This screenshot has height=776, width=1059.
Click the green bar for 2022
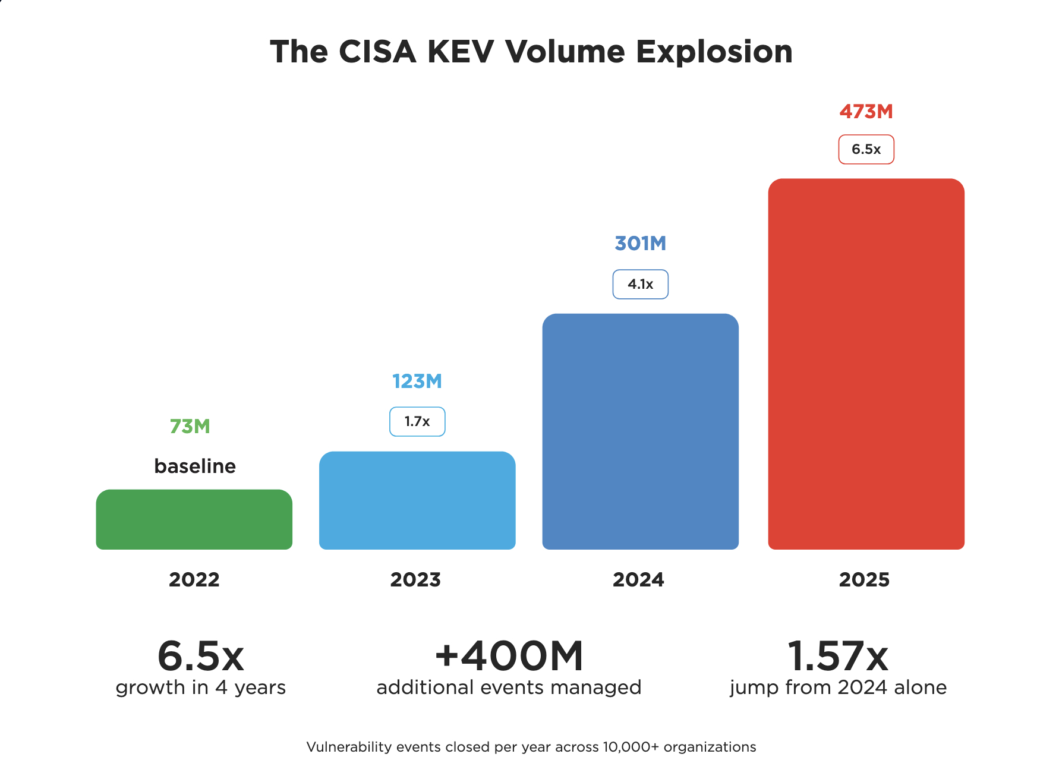pyautogui.click(x=194, y=519)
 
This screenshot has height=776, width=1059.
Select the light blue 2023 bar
pyautogui.click(x=417, y=500)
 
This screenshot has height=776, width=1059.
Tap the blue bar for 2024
pyautogui.click(x=640, y=431)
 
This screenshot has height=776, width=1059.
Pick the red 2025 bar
pyautogui.click(x=866, y=364)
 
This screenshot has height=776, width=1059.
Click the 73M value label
pyautogui.click(x=190, y=427)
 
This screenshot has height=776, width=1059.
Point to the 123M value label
pyautogui.click(x=417, y=381)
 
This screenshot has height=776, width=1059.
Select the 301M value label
pyautogui.click(x=640, y=244)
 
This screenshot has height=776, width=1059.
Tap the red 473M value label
pyautogui.click(x=866, y=112)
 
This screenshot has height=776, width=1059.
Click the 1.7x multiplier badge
pyautogui.click(x=417, y=422)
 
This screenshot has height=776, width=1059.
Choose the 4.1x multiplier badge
pyautogui.click(x=640, y=284)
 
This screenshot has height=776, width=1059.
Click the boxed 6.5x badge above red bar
pyautogui.click(x=866, y=149)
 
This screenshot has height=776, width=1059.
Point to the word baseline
pyautogui.click(x=195, y=466)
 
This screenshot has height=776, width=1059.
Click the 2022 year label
pyautogui.click(x=194, y=579)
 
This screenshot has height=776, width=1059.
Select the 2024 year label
pyautogui.click(x=638, y=579)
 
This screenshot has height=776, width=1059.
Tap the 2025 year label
pyautogui.click(x=864, y=579)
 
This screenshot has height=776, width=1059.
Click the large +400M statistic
pyautogui.click(x=509, y=656)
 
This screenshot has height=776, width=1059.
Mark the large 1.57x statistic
pyautogui.click(x=837, y=656)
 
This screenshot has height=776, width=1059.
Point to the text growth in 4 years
pyautogui.click(x=201, y=687)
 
